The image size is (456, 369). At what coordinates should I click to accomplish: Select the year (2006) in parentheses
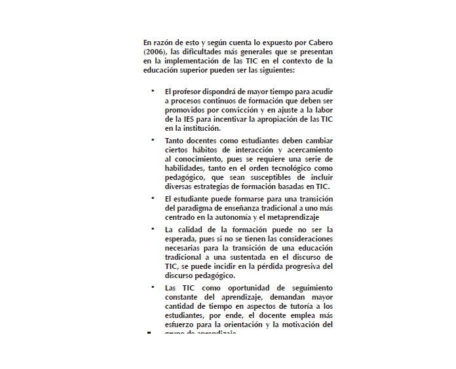pos(154,52)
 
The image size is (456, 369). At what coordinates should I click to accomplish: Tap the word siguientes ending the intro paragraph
pos(276,70)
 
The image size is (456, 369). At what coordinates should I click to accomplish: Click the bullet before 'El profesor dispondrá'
pos(151,90)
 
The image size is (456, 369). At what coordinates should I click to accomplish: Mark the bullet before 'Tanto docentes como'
pos(151,139)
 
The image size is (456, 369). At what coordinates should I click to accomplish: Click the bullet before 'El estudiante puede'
pos(151,197)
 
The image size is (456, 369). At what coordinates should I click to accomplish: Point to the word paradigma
pos(195,207)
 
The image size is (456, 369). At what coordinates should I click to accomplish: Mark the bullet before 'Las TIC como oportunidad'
pos(151,286)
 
